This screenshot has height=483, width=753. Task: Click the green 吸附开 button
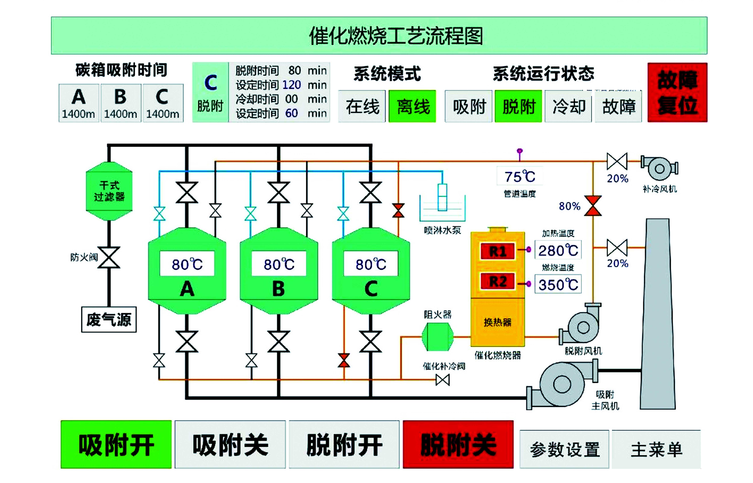(116, 444)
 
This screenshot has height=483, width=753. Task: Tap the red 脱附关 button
(458, 444)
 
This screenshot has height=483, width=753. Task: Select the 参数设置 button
(564, 449)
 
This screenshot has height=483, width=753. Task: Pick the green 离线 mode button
(412, 106)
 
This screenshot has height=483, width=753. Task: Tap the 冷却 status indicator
(568, 106)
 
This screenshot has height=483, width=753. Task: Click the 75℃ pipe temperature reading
(520, 177)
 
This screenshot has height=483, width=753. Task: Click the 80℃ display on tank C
(371, 264)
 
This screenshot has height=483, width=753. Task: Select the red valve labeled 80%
(593, 206)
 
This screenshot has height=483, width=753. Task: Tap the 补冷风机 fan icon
(659, 168)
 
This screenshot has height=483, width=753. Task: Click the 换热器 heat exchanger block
(498, 322)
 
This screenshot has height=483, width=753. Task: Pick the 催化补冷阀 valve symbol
(443, 380)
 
